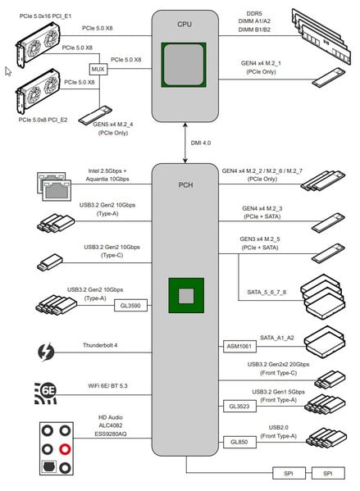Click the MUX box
click(98, 69)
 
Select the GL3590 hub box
click(130, 306)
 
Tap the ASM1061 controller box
click(239, 347)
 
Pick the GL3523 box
click(239, 407)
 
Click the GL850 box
click(239, 442)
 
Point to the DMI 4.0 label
click(201, 143)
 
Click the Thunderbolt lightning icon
click(46, 352)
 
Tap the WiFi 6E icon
click(45, 393)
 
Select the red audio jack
click(65, 449)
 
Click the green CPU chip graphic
click(184, 65)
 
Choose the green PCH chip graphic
click(186, 296)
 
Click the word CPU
click(185, 24)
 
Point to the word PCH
click(185, 185)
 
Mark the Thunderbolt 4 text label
click(100, 345)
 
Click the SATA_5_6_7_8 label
click(267, 292)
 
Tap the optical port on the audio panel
click(49, 467)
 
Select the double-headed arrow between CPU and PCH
click(185, 143)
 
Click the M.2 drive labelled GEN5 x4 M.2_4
click(95, 115)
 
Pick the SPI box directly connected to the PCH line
click(289, 474)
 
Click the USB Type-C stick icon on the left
click(50, 262)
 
